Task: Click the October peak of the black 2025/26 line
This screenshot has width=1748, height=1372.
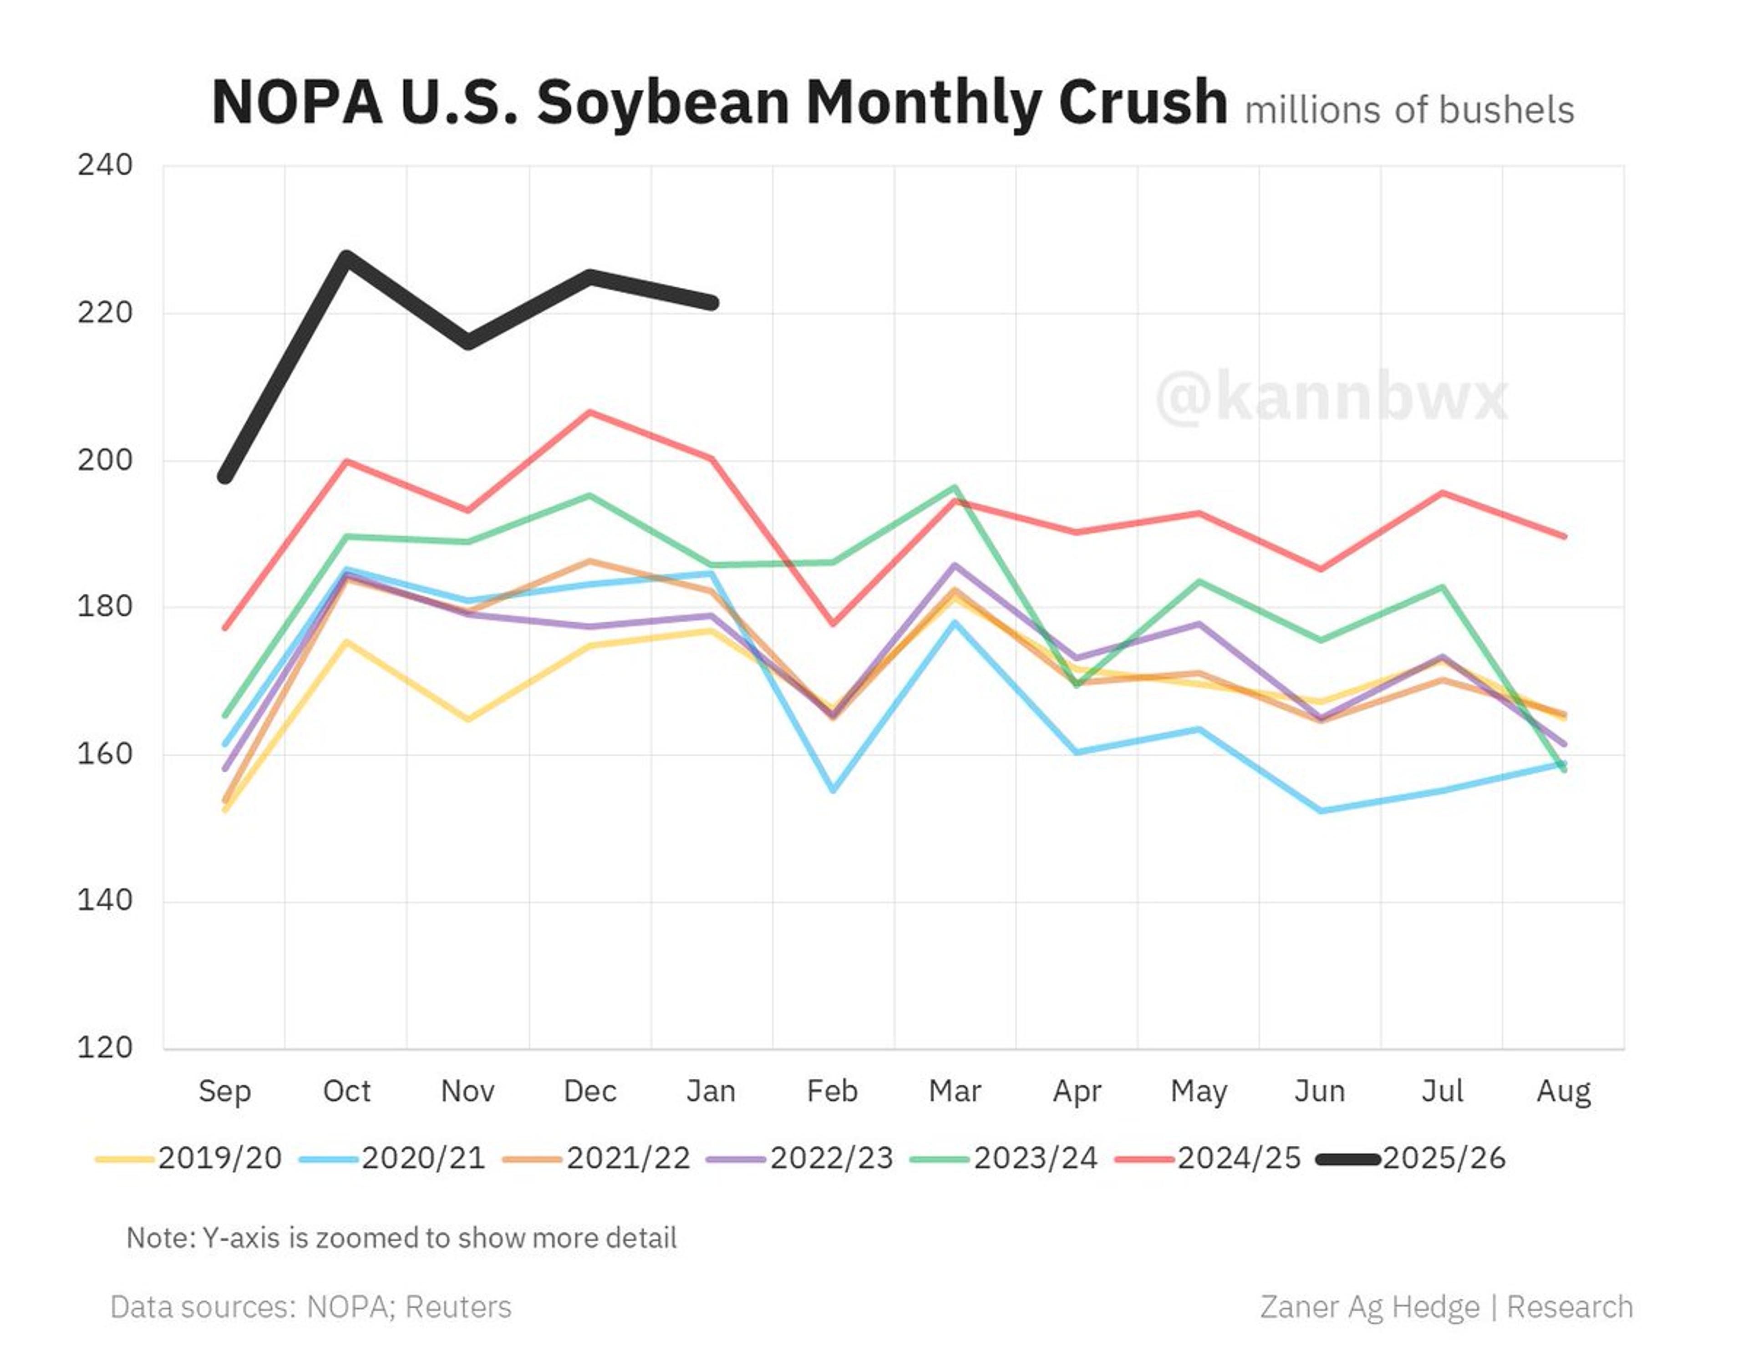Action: click(x=346, y=256)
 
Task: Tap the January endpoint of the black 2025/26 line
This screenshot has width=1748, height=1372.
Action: click(x=712, y=303)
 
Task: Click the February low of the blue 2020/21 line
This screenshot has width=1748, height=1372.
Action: click(x=833, y=790)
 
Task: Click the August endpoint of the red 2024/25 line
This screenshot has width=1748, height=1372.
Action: click(x=1563, y=536)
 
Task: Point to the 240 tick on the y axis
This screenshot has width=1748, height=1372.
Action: click(x=104, y=166)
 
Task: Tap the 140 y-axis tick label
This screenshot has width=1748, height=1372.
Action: click(x=104, y=900)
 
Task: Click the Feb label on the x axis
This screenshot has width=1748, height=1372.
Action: click(x=832, y=1091)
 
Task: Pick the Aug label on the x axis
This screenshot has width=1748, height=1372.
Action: click(x=1563, y=1091)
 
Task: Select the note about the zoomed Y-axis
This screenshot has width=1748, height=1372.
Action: click(x=401, y=1238)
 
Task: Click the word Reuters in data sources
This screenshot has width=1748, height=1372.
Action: click(x=458, y=1307)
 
